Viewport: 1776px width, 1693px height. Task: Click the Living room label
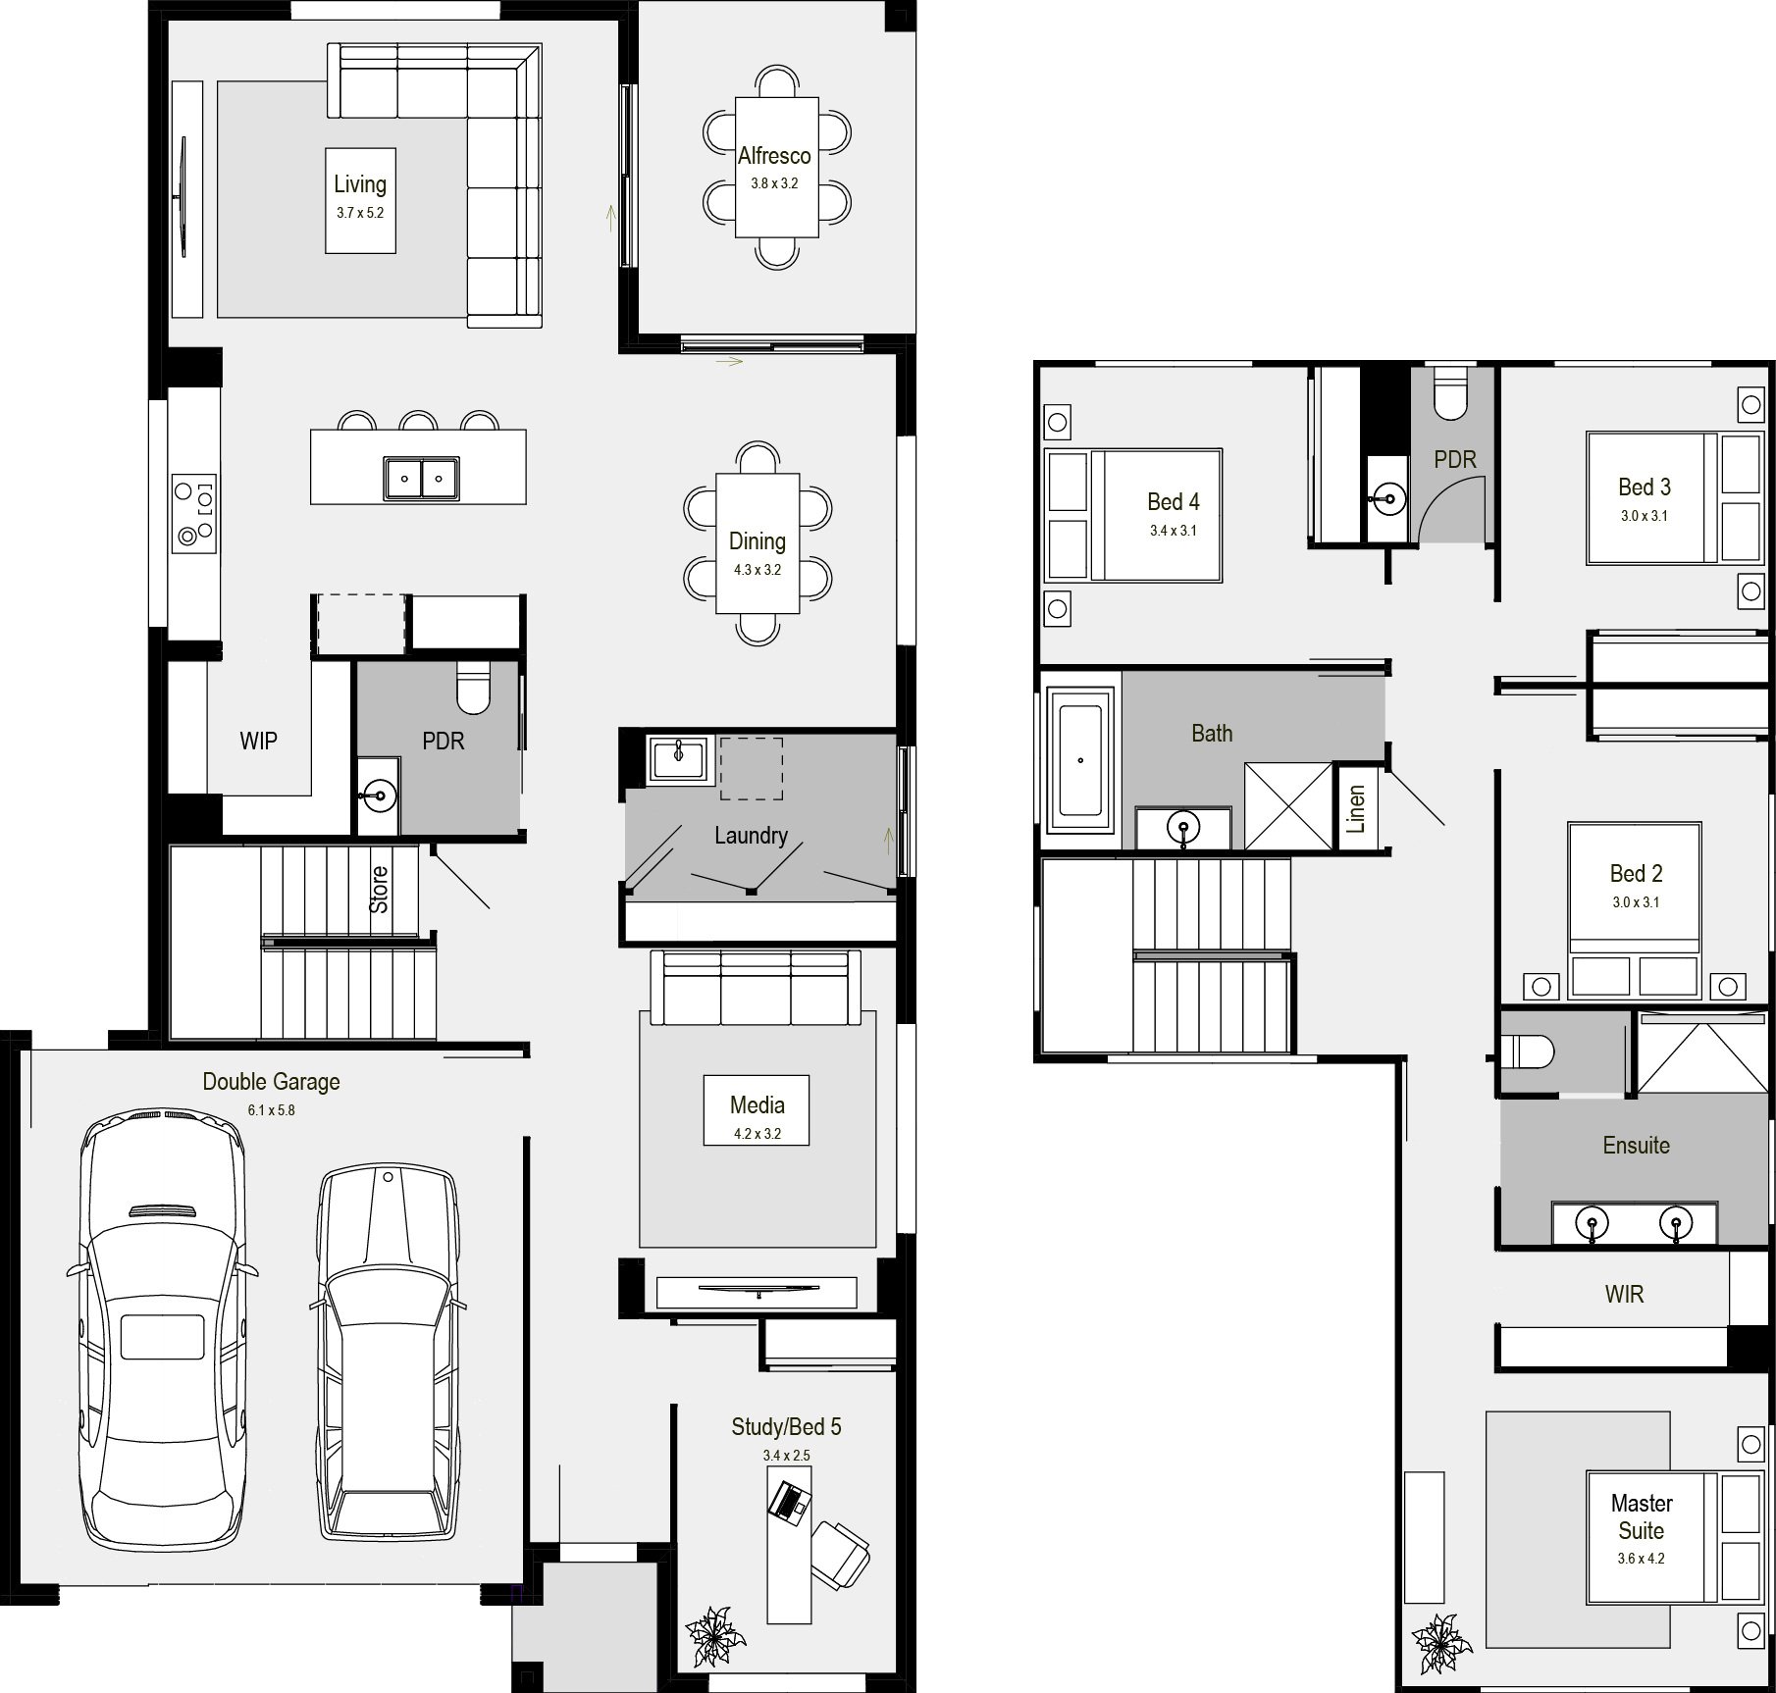pyautogui.click(x=360, y=184)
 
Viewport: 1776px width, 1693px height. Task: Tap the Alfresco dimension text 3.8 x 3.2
pyautogui.click(x=775, y=183)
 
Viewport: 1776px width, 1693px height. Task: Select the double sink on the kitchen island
pyautogui.click(x=422, y=479)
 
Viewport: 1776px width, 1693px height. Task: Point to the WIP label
pyautogui.click(x=259, y=741)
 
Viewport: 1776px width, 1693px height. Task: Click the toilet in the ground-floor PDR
pyautogui.click(x=474, y=689)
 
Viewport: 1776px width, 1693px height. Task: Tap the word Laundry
pyautogui.click(x=751, y=836)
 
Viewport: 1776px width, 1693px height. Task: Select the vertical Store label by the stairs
pyautogui.click(x=379, y=890)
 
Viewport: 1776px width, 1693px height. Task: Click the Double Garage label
pyautogui.click(x=271, y=1082)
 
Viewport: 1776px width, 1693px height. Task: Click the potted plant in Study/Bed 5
pyautogui.click(x=715, y=1635)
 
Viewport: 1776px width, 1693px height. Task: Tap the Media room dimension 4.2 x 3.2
pyautogui.click(x=757, y=1134)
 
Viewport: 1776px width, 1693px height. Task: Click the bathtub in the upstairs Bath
pyautogui.click(x=1081, y=760)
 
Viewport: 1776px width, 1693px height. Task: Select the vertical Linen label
pyautogui.click(x=1356, y=809)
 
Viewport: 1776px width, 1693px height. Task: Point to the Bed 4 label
pyautogui.click(x=1174, y=502)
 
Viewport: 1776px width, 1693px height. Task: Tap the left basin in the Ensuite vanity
pyautogui.click(x=1591, y=1223)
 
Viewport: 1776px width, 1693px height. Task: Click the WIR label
pyautogui.click(x=1624, y=1295)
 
